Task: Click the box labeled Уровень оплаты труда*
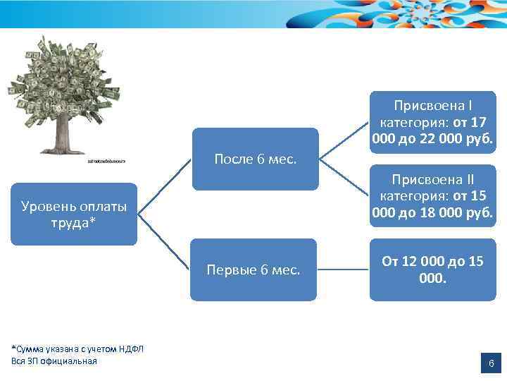pyautogui.click(x=74, y=214)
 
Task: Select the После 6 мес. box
pyautogui.click(x=255, y=159)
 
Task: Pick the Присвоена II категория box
pyautogui.click(x=432, y=195)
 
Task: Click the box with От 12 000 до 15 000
pyautogui.click(x=432, y=270)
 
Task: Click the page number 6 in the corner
pyautogui.click(x=491, y=364)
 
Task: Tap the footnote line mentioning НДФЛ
pyautogui.click(x=77, y=349)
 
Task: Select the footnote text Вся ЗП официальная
pyautogui.click(x=54, y=361)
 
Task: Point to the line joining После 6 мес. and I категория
pyautogui.click(x=344, y=140)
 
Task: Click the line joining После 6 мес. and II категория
pyautogui.click(x=344, y=177)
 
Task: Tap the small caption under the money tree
pyautogui.click(x=106, y=162)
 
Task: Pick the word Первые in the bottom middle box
pyautogui.click(x=230, y=270)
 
